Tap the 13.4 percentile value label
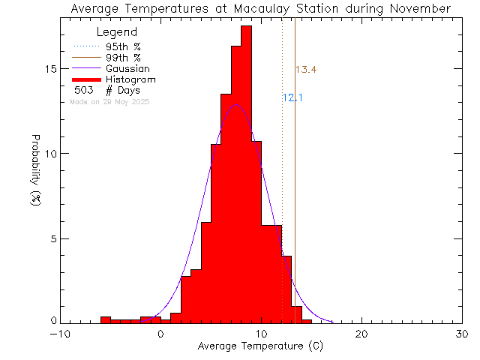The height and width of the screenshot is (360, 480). [x=305, y=70]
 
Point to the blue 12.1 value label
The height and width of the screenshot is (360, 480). [x=292, y=97]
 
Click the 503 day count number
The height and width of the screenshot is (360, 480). [x=83, y=90]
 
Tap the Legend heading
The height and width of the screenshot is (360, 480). [x=118, y=32]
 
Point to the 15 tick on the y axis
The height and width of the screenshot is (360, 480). [x=50, y=69]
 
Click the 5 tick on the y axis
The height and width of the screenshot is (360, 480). [x=53, y=238]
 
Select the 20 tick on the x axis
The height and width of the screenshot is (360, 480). [x=361, y=334]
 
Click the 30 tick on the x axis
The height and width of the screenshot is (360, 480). [x=462, y=334]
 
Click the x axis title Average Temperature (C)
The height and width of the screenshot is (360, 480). [x=261, y=346]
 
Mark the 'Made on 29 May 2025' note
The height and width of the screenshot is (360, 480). [x=109, y=101]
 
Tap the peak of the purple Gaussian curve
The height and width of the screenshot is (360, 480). [x=237, y=105]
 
